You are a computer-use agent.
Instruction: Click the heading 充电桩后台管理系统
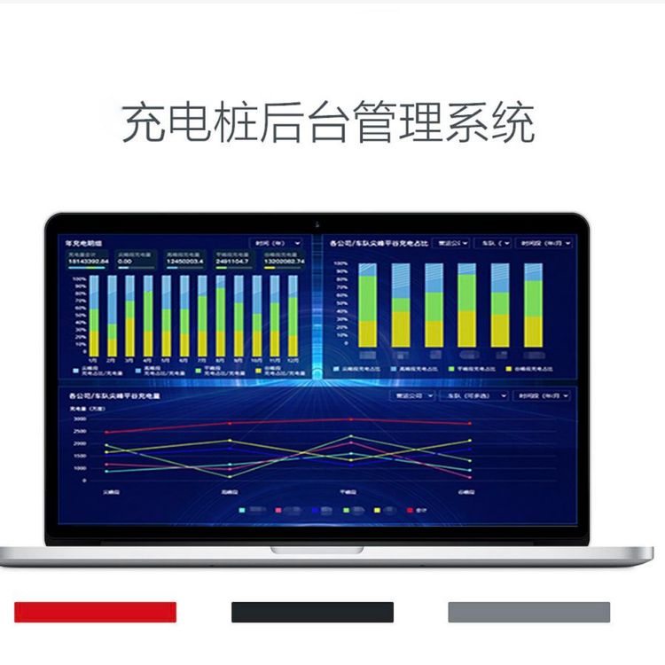(328, 123)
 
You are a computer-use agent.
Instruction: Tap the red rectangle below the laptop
(95, 612)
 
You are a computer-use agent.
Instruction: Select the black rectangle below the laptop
(312, 612)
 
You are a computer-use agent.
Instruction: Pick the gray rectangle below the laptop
(528, 612)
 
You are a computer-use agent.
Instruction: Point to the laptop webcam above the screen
(317, 220)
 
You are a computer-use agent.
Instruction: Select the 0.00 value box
(125, 262)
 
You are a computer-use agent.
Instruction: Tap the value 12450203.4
(185, 262)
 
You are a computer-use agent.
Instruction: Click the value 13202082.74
(285, 262)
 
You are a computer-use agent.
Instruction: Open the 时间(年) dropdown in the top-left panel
(277, 242)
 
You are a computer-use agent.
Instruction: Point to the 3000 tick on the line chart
(80, 418)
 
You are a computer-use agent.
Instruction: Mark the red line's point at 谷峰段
(470, 423)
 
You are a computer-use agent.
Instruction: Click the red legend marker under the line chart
(410, 510)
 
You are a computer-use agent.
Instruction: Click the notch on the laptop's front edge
(317, 550)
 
